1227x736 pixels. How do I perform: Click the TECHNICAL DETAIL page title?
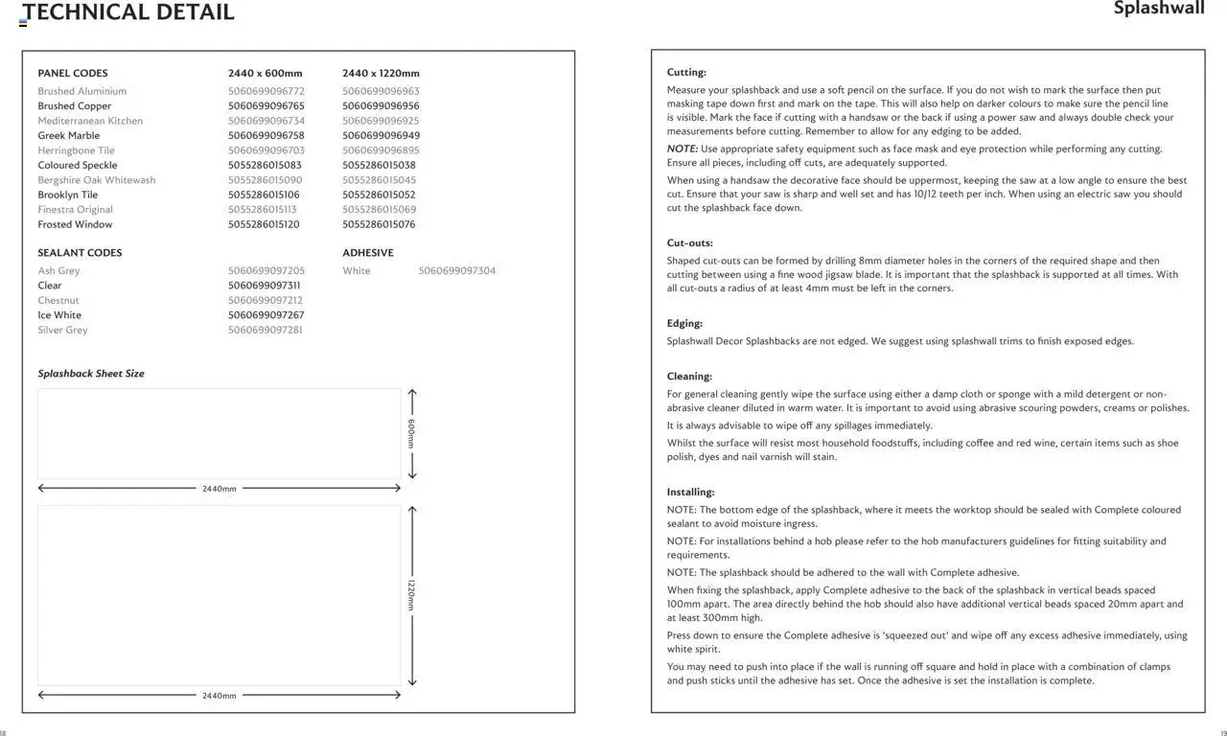[x=128, y=12]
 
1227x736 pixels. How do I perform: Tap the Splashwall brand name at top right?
[x=1158, y=9]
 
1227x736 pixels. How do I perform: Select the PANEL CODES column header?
[x=73, y=73]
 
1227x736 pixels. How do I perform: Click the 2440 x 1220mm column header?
[x=381, y=73]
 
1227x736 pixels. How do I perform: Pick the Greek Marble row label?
[x=69, y=136]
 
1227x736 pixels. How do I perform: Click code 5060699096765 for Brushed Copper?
[x=266, y=106]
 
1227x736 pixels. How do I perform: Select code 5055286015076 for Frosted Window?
[x=379, y=224]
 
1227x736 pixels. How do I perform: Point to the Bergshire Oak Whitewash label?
[x=96, y=180]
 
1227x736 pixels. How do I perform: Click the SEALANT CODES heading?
[x=80, y=253]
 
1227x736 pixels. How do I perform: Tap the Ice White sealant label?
[x=59, y=315]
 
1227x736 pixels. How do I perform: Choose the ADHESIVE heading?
[x=368, y=253]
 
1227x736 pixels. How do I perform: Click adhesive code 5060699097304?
[x=457, y=271]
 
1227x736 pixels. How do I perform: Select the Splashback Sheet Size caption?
[x=91, y=374]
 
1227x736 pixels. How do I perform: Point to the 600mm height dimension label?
[x=411, y=433]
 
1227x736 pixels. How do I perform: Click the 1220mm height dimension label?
[x=411, y=595]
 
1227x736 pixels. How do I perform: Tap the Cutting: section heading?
[x=686, y=72]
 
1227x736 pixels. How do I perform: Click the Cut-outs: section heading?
[x=690, y=243]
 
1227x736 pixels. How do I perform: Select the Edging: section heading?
[x=684, y=324]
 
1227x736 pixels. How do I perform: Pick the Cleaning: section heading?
[x=689, y=377]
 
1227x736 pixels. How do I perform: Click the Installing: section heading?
[x=690, y=493]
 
